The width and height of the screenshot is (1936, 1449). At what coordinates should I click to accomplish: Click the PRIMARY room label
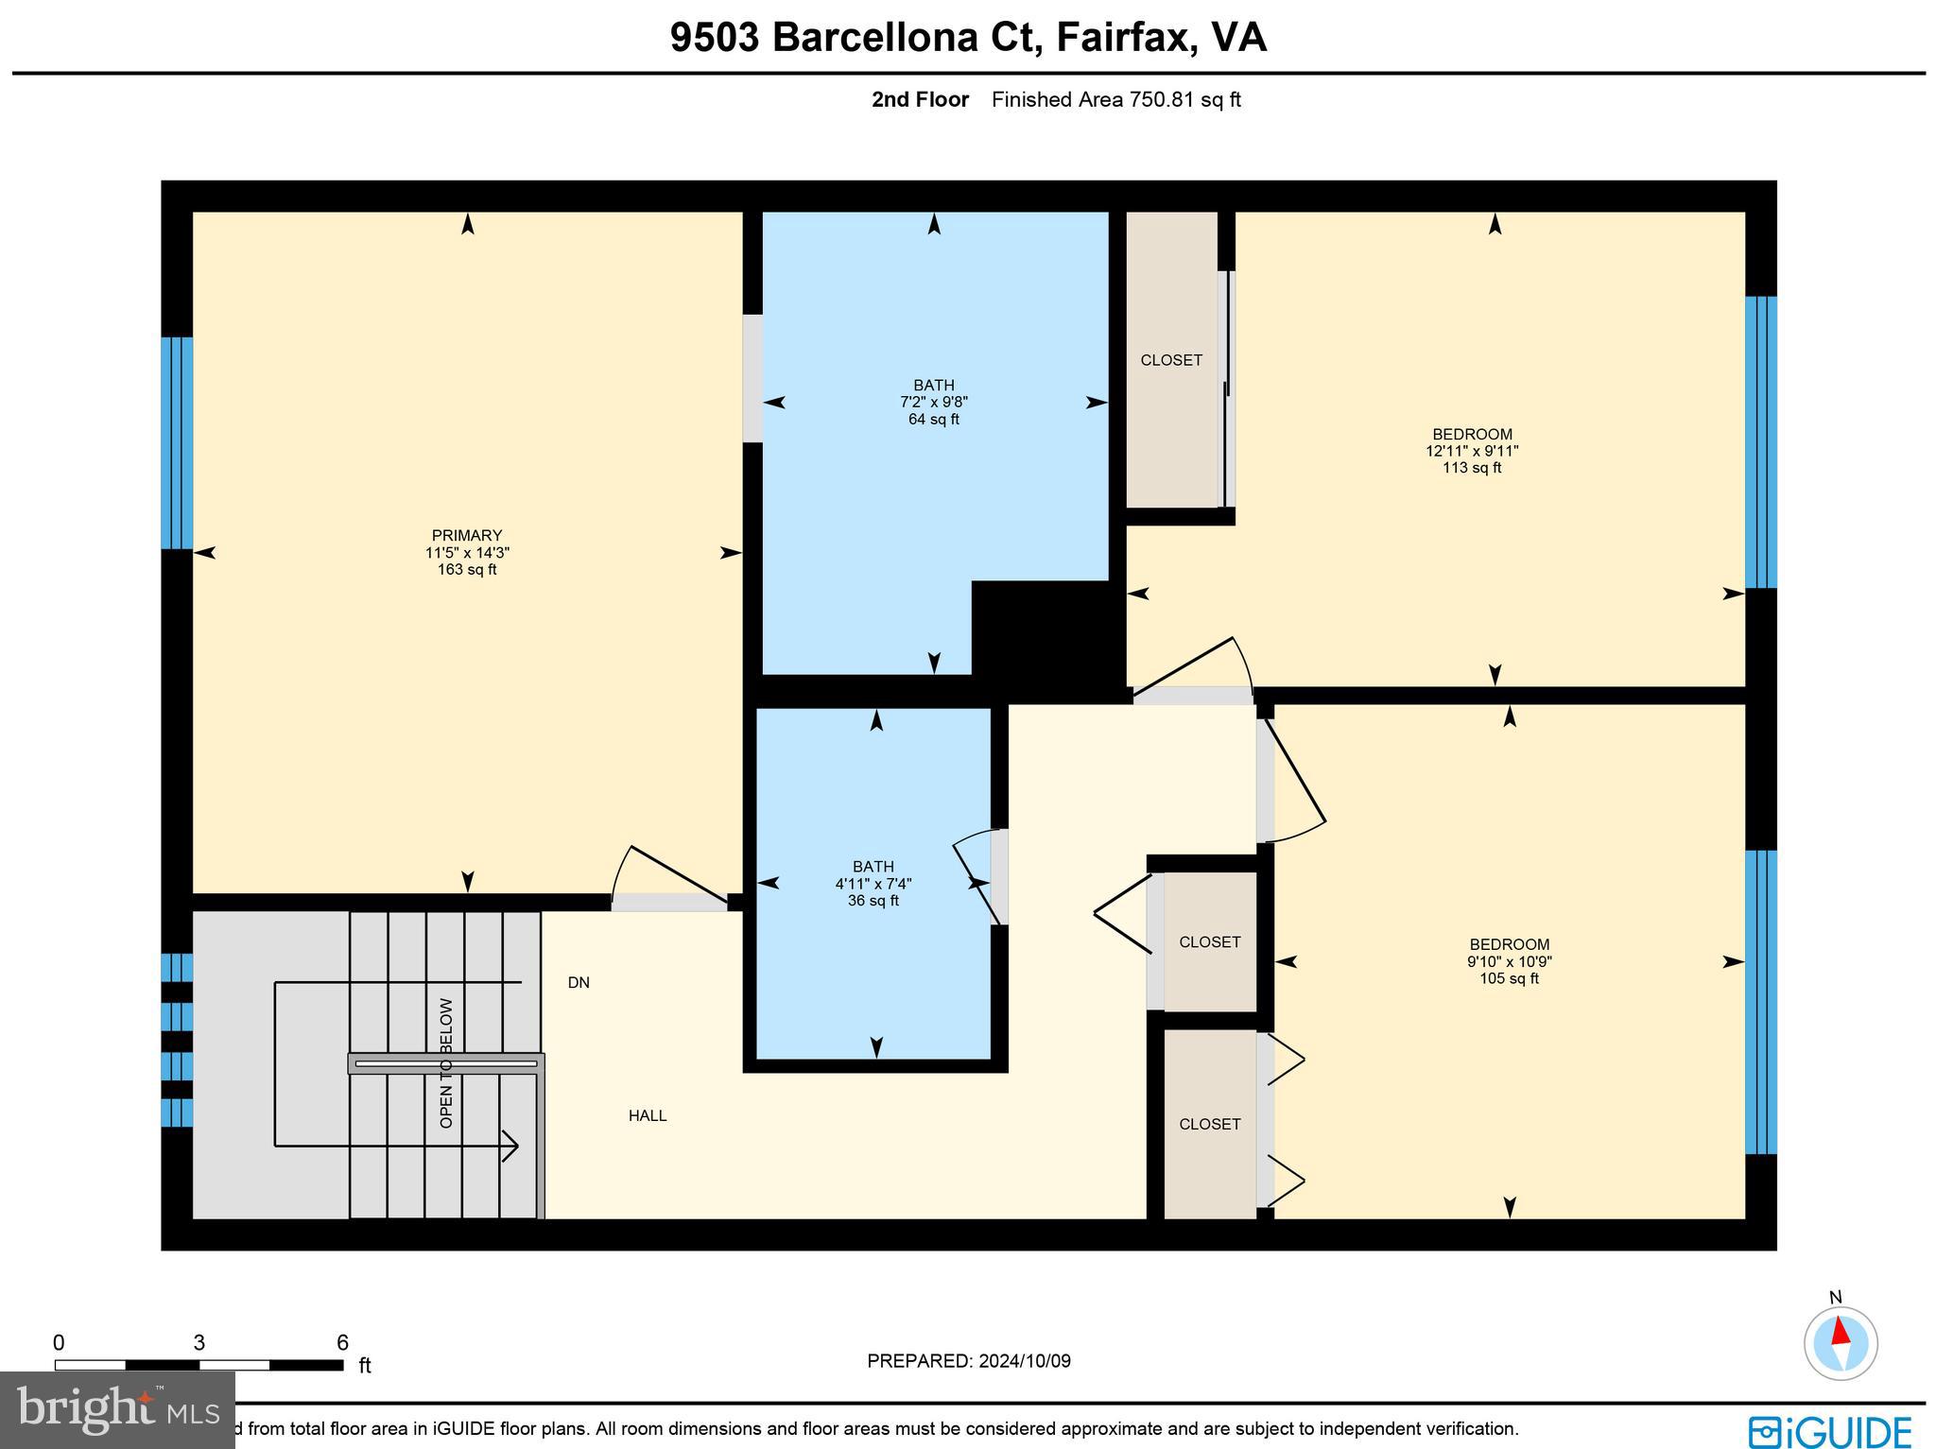(x=466, y=535)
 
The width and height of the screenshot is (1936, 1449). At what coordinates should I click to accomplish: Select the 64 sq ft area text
(x=933, y=420)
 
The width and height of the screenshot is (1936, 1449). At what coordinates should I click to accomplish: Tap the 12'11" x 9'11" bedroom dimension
(x=1471, y=451)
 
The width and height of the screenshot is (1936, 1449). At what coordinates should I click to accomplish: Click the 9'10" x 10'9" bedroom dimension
(x=1509, y=961)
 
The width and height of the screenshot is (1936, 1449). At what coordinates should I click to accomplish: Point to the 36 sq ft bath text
(x=873, y=901)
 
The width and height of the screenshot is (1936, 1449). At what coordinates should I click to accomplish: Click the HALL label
(x=648, y=1115)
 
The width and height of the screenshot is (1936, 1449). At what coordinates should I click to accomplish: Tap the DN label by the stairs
(x=579, y=983)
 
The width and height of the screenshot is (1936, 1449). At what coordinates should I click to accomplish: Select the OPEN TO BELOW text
(x=446, y=1063)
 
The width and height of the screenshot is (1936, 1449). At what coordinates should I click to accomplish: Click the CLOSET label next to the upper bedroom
(x=1171, y=360)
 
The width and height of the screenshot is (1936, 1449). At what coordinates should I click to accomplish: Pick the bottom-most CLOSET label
(x=1209, y=1124)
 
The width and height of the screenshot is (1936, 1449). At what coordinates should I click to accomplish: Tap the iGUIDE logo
(x=1829, y=1430)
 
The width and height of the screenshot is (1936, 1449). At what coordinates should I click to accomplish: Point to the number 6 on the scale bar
(x=342, y=1343)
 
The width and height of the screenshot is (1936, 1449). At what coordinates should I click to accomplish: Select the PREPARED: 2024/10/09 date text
(x=969, y=1361)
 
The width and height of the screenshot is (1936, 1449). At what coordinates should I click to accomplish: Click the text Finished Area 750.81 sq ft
(x=1115, y=99)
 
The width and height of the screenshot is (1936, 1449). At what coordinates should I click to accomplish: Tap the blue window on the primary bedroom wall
(x=177, y=442)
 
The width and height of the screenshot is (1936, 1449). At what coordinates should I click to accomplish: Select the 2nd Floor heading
(x=920, y=99)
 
